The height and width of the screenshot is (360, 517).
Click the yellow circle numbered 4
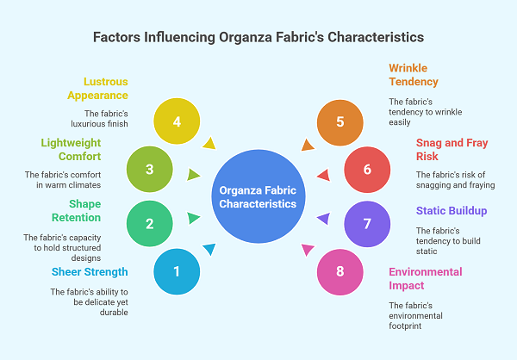pos(177,122)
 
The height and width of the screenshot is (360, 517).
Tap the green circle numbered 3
pos(149,169)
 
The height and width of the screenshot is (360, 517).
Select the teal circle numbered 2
pos(149,225)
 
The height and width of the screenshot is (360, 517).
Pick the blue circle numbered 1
pos(177,271)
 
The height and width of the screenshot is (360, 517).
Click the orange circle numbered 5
pos(339,122)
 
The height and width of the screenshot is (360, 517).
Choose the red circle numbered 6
pos(367,169)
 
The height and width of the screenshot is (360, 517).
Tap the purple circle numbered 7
pos(367,225)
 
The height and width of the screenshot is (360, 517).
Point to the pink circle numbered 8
pos(339,271)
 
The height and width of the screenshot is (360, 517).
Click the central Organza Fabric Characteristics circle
pos(258,197)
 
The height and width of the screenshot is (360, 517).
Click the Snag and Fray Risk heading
pos(439,150)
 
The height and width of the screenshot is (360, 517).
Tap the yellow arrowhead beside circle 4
pos(210,144)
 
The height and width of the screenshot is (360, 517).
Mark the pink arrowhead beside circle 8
pos(307,250)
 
